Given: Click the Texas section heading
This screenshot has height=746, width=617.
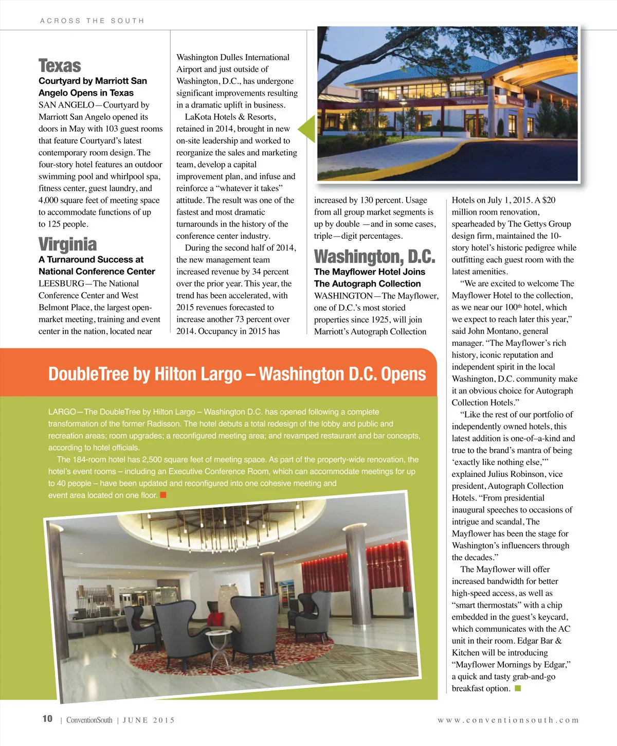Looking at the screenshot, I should [60, 66].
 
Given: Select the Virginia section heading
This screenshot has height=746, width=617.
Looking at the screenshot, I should [67, 244].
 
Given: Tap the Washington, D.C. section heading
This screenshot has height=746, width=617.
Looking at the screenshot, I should [374, 256].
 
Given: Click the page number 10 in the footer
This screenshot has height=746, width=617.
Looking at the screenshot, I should [47, 719].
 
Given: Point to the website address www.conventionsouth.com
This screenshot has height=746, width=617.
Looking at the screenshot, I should [508, 720].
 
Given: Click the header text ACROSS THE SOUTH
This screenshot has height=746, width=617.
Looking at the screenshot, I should [92, 21].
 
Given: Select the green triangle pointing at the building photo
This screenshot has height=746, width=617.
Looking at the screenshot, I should [307, 129].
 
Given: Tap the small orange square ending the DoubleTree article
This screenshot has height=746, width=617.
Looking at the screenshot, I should [163, 495].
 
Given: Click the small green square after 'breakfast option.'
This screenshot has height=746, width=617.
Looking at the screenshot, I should [518, 688].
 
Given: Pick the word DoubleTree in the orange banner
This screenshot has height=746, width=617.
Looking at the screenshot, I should [88, 374].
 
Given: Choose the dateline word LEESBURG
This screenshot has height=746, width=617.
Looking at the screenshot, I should [61, 283].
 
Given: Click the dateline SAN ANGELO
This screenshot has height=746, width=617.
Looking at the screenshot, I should [66, 105].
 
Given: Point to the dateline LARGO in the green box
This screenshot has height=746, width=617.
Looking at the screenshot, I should [62, 412].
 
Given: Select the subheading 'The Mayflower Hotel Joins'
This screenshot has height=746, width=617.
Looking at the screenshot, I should [369, 272].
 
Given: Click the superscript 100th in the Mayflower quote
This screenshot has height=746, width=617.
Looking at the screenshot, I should [513, 307].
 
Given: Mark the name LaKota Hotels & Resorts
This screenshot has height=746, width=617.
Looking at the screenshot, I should [230, 117].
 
